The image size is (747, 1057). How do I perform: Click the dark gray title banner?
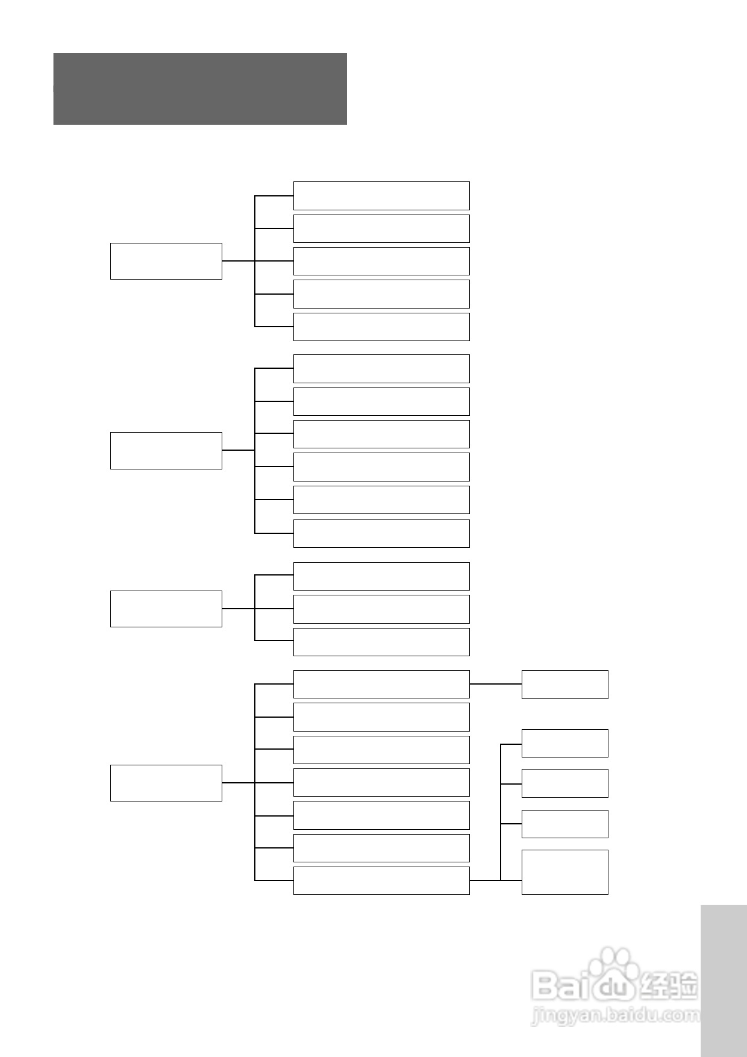coord(200,89)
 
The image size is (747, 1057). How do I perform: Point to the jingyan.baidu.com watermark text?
coord(614,1016)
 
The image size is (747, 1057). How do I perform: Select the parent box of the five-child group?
coord(166,261)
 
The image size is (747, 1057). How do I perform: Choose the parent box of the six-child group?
coord(166,450)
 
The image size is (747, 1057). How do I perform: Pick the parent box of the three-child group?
coord(166,609)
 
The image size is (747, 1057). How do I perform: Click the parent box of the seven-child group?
coord(166,783)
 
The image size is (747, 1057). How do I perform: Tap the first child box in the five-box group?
coord(381,196)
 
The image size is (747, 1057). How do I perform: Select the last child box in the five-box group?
coord(381,327)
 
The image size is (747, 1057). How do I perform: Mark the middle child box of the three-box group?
coord(381,609)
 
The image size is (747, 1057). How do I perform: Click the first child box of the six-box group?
coord(381,369)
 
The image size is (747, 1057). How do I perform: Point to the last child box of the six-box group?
coord(381,533)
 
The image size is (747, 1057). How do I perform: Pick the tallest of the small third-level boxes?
coord(564,872)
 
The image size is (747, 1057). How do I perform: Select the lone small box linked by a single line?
coord(564,684)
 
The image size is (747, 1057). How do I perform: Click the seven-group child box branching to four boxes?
coord(381,880)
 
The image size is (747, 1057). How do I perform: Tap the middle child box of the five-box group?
coord(381,261)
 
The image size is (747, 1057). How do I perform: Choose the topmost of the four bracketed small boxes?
coord(564,743)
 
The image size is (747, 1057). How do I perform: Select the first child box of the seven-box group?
coord(381,684)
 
